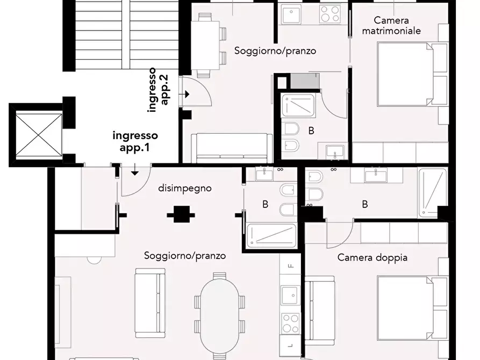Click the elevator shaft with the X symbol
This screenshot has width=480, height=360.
36,133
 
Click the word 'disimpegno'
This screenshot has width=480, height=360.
184,188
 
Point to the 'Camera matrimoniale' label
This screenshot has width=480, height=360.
391,25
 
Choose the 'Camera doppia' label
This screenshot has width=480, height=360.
372,257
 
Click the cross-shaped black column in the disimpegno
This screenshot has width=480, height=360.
180,215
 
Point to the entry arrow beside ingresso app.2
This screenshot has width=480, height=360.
187,94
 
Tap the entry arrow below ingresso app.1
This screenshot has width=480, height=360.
134,172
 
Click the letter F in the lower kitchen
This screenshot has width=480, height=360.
290,266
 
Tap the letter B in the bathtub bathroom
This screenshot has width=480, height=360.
264,204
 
